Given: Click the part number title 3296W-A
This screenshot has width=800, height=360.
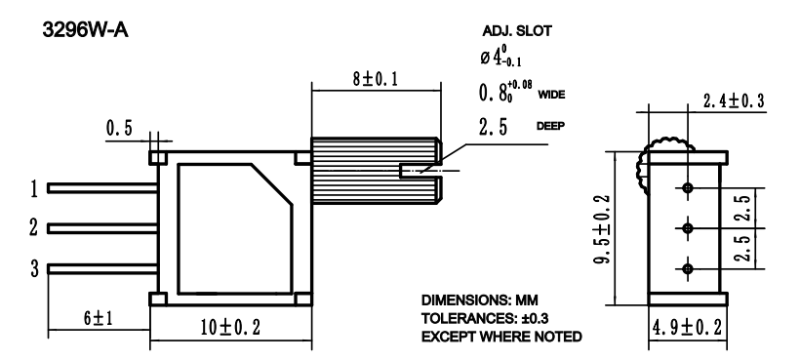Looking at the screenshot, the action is tap(85, 30).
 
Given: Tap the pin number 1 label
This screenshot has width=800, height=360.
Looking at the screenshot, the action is tap(34, 189).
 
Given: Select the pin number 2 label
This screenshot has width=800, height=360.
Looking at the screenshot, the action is tap(34, 227).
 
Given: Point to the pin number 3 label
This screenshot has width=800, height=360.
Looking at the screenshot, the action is tap(34, 268).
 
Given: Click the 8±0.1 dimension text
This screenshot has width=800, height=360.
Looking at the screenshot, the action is tap(375, 79).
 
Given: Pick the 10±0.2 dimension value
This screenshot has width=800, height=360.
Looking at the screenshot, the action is tap(230, 328).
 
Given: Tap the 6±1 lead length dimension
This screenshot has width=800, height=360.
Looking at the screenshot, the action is tap(98, 319).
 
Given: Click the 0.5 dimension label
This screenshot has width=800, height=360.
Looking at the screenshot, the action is tap(119, 128).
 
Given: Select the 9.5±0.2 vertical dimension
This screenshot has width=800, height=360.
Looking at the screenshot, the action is tap(605, 228).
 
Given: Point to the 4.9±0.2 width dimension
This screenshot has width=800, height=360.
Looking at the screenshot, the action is tap(687, 328).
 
